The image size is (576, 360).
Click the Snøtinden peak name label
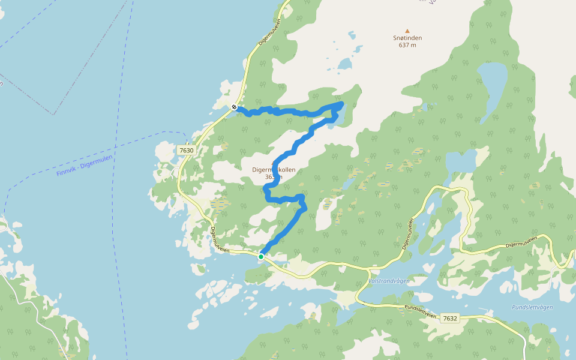click(407, 38)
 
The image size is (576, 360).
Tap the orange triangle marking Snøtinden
click(407, 31)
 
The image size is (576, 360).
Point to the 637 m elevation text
click(407, 45)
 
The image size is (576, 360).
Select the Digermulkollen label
click(274, 170)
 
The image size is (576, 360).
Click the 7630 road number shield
click(187, 150)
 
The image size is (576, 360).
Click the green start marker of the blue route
click(261, 256)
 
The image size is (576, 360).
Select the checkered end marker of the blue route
click(234, 107)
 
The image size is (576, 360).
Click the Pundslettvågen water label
click(532, 307)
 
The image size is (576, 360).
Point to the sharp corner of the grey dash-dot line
click(53, 114)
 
